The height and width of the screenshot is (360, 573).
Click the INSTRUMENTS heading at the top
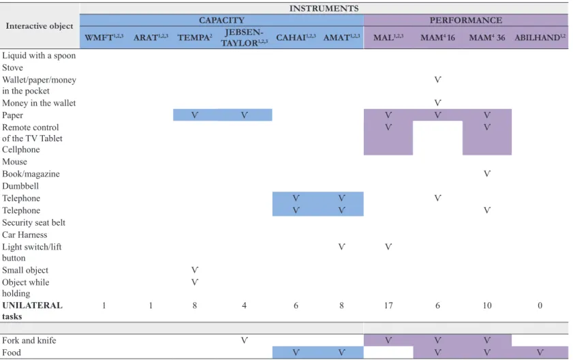[x=324, y=8]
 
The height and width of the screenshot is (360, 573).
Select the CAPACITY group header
[x=221, y=20]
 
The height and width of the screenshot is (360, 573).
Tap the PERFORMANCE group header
[x=466, y=20]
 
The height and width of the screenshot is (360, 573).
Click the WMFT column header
[x=104, y=37]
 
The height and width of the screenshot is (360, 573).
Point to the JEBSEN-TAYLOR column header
[x=244, y=37]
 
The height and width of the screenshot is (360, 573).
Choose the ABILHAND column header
[x=540, y=37]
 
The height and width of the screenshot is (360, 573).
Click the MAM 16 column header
[x=437, y=37]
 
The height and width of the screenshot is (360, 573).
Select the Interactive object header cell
[x=40, y=26]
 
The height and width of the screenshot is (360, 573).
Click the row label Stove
[x=12, y=67]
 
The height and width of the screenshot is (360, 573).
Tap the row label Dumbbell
[x=20, y=186]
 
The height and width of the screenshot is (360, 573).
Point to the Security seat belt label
[x=33, y=222]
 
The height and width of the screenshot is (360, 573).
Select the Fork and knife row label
[x=29, y=340]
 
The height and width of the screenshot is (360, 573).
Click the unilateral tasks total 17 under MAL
[x=388, y=305]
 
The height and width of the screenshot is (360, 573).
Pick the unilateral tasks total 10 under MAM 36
[x=487, y=305]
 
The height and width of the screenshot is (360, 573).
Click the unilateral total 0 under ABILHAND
[x=540, y=305]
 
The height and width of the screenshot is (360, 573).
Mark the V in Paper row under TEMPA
[x=195, y=115]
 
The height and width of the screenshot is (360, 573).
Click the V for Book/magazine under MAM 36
[x=487, y=174]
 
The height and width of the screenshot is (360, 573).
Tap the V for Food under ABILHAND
[x=540, y=352]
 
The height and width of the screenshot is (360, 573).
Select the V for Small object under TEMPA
[x=195, y=270]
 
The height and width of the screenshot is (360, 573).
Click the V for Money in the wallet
[x=437, y=103]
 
